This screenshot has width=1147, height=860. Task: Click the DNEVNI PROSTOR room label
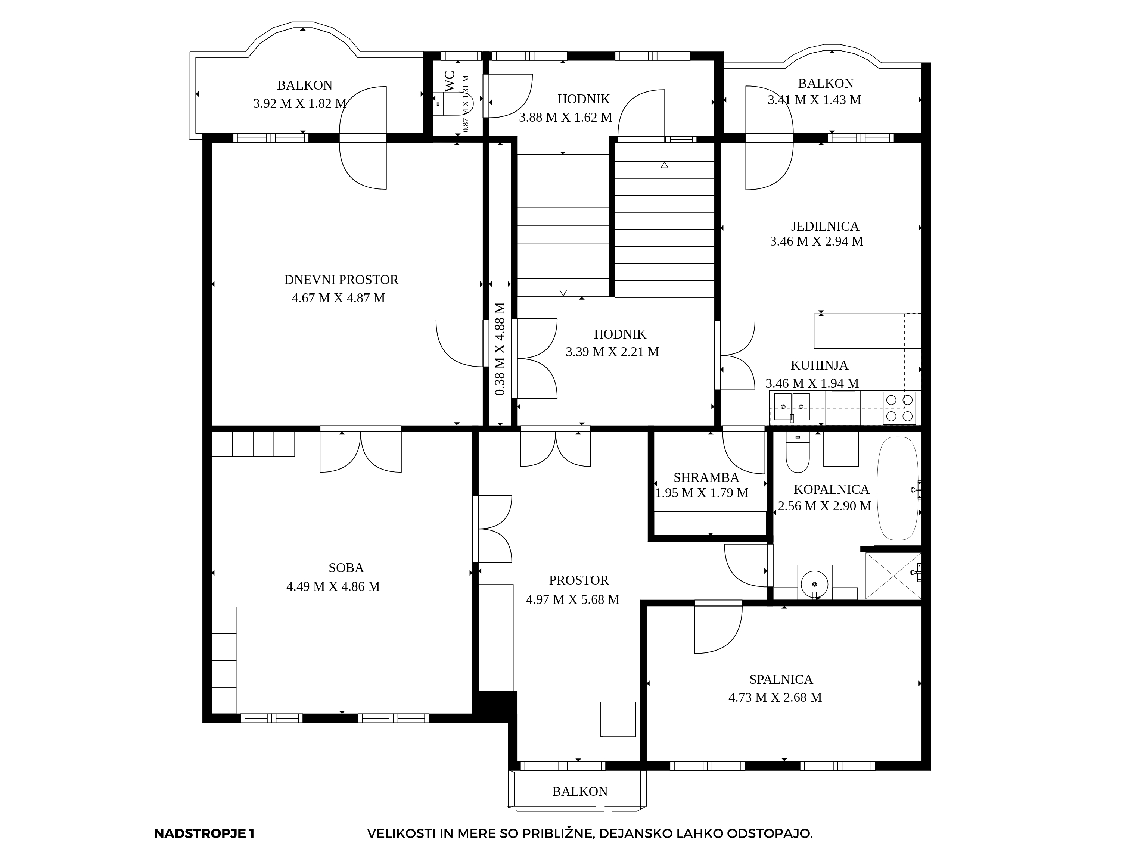(341, 280)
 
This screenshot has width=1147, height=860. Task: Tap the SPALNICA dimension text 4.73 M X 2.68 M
(775, 697)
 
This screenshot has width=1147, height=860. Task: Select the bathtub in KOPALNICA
(897, 488)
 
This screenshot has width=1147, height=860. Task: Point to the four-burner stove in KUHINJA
(899, 408)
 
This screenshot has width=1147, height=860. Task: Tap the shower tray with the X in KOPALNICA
(893, 576)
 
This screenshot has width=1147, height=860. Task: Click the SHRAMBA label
(706, 477)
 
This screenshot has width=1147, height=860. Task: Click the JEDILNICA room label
(825, 227)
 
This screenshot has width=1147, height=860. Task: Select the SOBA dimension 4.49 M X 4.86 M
(333, 586)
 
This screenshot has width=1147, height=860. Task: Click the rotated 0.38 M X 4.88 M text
(499, 349)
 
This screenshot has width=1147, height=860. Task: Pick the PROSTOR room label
(579, 580)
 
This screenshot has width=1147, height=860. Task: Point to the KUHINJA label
(819, 365)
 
